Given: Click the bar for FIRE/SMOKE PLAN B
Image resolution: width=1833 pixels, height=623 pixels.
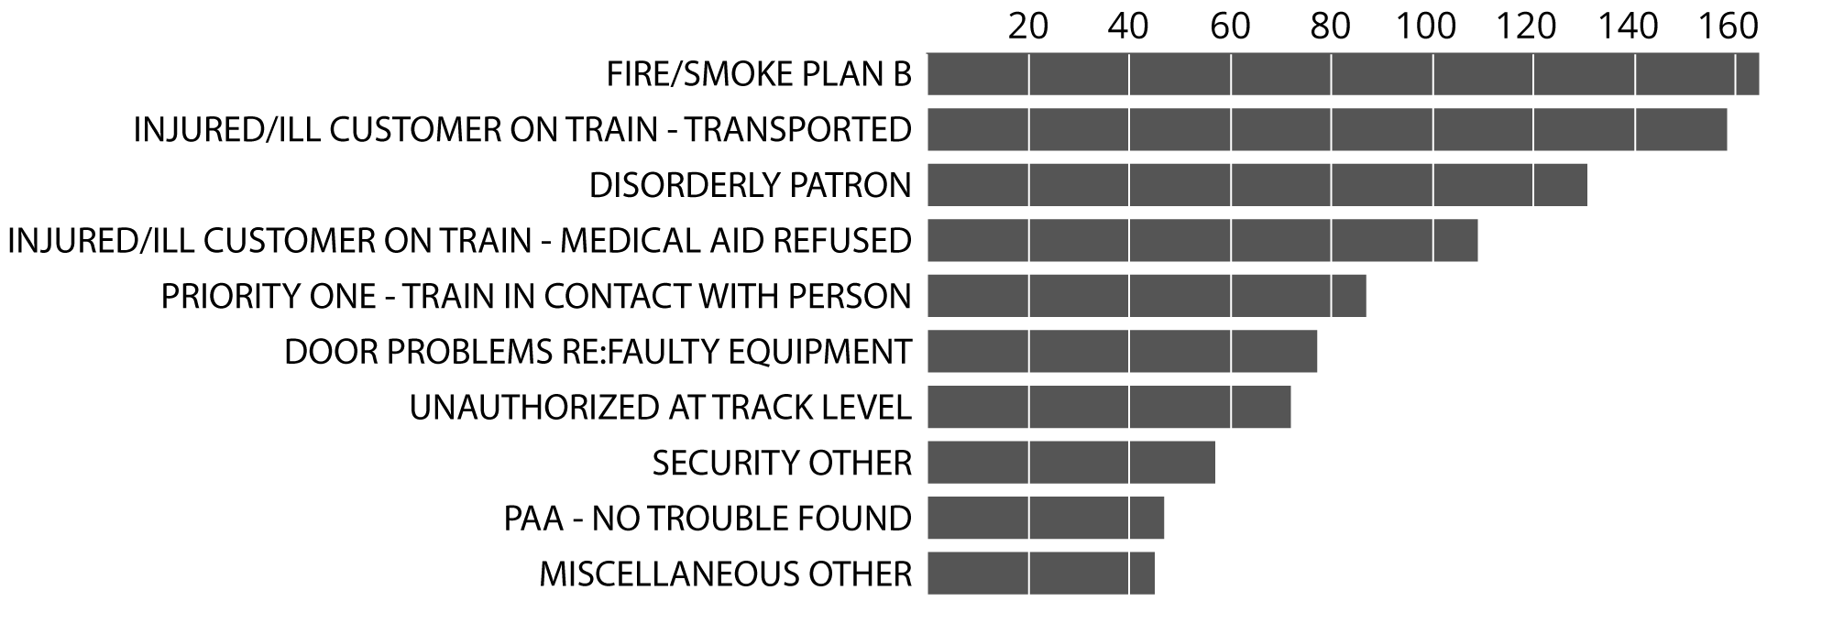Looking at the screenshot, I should tap(1343, 74).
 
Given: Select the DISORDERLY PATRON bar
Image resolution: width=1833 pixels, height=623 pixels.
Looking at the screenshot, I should tap(1257, 185).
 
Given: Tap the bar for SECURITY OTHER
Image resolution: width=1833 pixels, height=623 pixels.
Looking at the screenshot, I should tap(1070, 463).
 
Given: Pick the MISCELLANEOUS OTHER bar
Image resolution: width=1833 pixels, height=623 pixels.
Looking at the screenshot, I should tap(1040, 574).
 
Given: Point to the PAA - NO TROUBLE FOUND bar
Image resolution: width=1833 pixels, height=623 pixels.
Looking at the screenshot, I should tap(1045, 519).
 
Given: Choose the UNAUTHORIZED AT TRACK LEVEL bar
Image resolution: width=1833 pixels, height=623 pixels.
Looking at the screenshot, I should tap(1109, 407).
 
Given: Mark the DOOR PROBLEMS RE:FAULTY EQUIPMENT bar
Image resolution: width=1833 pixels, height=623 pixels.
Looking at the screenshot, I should tap(1122, 352).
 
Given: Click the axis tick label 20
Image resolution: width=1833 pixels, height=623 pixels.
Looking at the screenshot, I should tap(1027, 27).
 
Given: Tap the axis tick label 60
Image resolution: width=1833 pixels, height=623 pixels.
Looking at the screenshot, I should tap(1230, 27).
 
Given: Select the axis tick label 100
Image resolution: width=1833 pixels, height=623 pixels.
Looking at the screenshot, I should tap(1426, 27).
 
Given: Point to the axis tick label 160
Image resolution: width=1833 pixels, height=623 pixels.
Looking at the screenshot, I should tap(1729, 27).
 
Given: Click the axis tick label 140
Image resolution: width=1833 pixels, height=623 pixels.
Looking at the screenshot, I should tap(1629, 27).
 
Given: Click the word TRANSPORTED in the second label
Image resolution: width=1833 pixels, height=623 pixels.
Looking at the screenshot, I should tap(798, 130).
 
